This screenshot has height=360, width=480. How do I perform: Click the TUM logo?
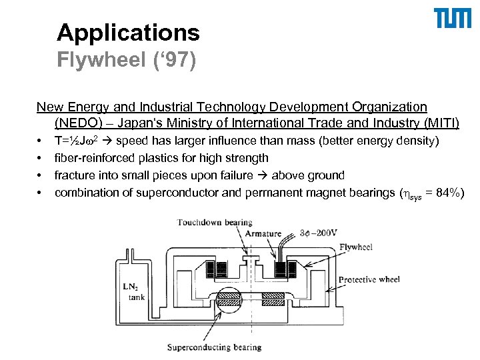(451, 19)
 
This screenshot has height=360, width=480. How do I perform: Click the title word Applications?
(128, 32)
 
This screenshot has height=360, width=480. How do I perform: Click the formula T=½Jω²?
(77, 141)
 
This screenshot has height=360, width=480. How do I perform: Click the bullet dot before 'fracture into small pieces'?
(41, 176)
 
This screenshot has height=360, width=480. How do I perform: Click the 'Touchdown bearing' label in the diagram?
(214, 222)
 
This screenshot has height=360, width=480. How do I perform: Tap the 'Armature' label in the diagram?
(263, 233)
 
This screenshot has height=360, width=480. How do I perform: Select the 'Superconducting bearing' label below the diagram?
(214, 347)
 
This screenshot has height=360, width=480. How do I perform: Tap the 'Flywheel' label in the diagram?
(356, 247)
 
